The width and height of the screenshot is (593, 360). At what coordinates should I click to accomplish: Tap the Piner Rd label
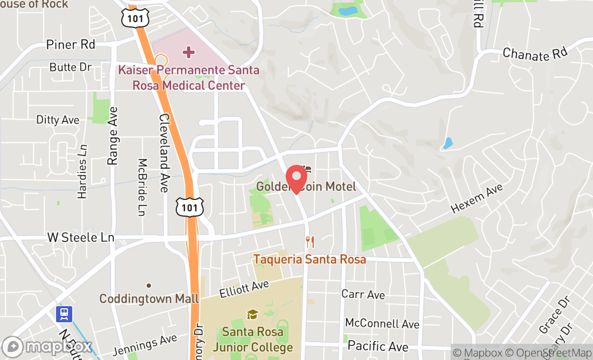(x=71, y=44)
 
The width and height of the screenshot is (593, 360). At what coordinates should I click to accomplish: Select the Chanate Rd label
(x=535, y=54)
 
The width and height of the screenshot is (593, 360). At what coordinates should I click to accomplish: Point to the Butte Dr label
(x=71, y=67)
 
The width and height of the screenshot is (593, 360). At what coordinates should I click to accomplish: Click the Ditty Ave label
(x=58, y=120)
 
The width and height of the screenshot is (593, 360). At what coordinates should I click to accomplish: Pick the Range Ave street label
(x=113, y=135)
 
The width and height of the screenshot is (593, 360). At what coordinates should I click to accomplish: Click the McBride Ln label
(x=142, y=187)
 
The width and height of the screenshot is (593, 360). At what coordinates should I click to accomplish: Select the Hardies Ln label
(x=82, y=171)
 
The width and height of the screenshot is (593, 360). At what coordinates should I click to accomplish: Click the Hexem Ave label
(x=477, y=198)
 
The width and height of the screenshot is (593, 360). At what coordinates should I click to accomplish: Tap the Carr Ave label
(x=363, y=294)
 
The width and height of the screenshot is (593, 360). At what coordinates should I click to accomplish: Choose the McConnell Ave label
(x=382, y=323)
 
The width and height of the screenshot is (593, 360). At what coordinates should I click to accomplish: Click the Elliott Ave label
(x=244, y=289)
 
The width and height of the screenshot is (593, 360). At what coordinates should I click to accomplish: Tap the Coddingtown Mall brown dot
(x=149, y=286)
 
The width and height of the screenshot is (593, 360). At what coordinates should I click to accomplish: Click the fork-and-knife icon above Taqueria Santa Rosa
(x=309, y=242)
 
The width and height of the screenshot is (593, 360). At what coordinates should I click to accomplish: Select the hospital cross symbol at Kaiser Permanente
(x=188, y=52)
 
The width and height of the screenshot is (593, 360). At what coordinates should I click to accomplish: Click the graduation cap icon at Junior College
(x=252, y=314)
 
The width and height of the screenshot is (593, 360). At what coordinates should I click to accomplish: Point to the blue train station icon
(x=64, y=314)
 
